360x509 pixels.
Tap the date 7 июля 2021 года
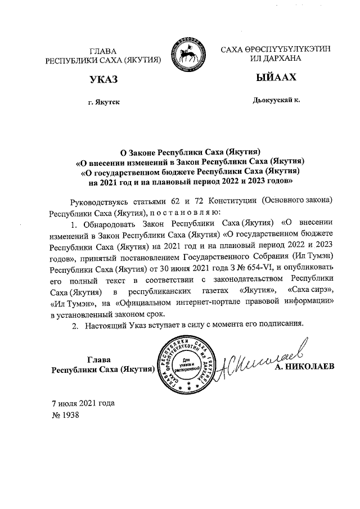click(x=83, y=403)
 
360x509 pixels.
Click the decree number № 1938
click(x=65, y=415)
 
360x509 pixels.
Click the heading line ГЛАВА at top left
click(x=103, y=52)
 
